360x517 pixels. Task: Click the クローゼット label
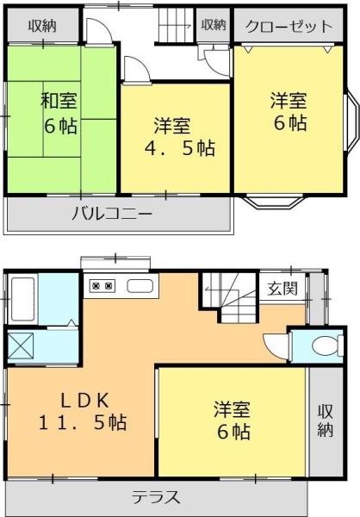point(289,26)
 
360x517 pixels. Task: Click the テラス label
point(156,497)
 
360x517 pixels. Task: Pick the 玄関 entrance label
point(282,289)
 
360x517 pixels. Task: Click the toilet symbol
point(325,346)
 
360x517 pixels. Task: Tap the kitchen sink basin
point(140,286)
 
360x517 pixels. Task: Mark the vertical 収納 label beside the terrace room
point(324,420)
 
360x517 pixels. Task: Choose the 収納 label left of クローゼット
point(214,26)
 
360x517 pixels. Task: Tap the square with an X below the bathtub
point(20,346)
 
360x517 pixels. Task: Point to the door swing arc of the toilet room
point(275,347)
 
